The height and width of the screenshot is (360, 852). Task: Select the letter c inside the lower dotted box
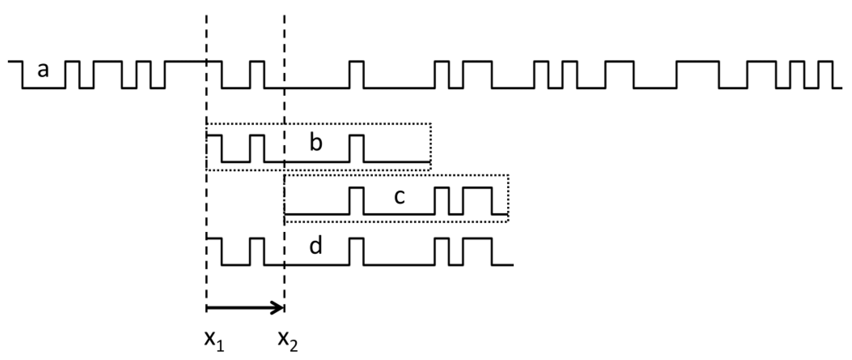point(400,197)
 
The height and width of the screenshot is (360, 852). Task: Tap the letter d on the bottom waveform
point(316,246)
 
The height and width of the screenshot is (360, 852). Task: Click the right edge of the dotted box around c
point(508,198)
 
